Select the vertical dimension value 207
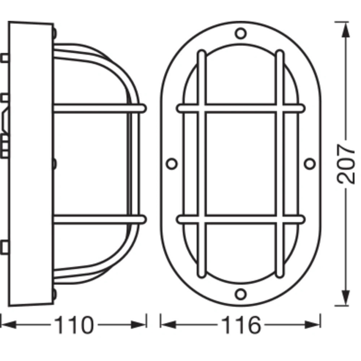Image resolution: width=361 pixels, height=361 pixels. tap(346, 163)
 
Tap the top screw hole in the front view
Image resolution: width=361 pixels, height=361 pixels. tap(240, 33)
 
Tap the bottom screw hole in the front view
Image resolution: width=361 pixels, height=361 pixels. tap(240, 294)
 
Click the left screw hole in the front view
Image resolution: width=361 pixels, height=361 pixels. tap(171, 163)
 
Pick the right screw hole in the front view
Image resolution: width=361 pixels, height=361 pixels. tap(309, 163)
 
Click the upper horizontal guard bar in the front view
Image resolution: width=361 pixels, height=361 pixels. tap(240, 109)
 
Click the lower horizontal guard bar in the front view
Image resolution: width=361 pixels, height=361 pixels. tap(240, 219)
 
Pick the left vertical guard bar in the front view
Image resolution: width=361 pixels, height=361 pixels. tap(201, 163)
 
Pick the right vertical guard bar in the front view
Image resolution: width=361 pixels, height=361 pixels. tap(279, 163)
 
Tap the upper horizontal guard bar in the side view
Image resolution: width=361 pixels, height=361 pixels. tap(100, 109)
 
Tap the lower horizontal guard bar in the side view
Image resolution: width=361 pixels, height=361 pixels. tap(100, 219)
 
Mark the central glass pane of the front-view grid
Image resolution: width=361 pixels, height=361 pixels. tap(240, 163)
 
